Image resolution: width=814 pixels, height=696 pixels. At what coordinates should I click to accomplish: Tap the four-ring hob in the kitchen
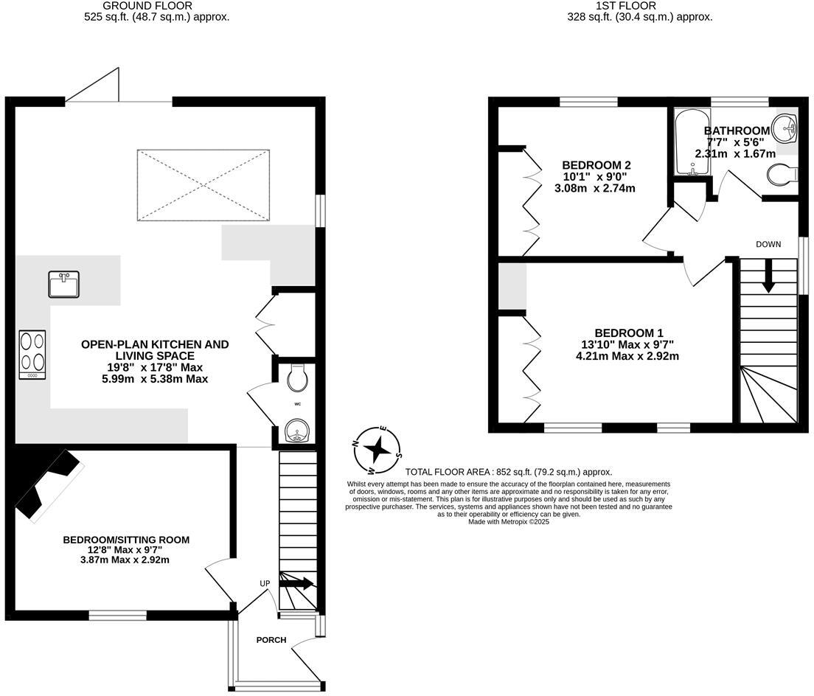33,355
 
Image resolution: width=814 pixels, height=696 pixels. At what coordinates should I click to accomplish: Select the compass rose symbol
378,449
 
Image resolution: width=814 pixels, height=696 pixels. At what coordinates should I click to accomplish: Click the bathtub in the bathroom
692,143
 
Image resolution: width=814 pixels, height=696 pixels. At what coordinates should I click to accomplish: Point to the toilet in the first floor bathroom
781,175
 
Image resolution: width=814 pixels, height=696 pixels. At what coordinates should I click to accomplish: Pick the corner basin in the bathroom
786,129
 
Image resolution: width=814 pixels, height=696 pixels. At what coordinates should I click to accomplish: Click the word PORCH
271,640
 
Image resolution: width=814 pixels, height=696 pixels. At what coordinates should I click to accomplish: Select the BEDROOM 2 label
596,164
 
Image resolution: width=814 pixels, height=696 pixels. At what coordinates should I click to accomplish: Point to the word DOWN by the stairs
768,244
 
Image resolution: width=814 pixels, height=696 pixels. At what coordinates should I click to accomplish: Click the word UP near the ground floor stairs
265,583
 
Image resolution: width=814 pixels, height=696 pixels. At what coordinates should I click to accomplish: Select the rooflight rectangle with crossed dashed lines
203,184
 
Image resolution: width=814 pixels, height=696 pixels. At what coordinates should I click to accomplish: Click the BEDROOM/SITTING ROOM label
126,540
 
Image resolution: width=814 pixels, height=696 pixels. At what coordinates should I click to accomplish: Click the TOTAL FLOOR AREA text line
509,472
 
